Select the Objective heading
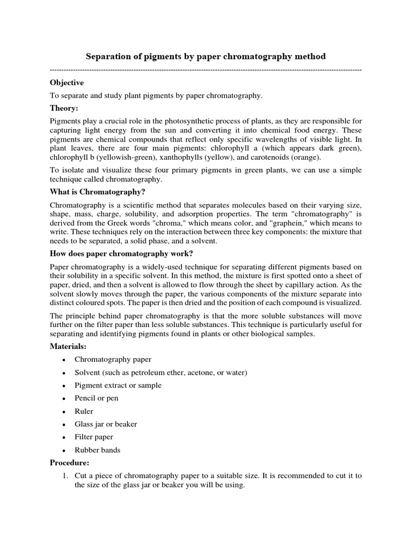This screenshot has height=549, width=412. pyautogui.click(x=67, y=83)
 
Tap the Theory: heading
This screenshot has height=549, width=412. pyautogui.click(x=64, y=108)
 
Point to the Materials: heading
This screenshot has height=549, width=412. pyautogui.click(x=68, y=347)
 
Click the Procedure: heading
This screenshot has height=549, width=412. pyautogui.click(x=69, y=462)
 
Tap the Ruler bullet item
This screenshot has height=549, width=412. pyautogui.click(x=84, y=411)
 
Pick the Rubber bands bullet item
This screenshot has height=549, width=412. pyautogui.click(x=97, y=450)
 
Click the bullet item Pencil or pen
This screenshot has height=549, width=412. pyautogui.click(x=97, y=398)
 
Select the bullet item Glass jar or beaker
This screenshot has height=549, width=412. pyautogui.click(x=106, y=424)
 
